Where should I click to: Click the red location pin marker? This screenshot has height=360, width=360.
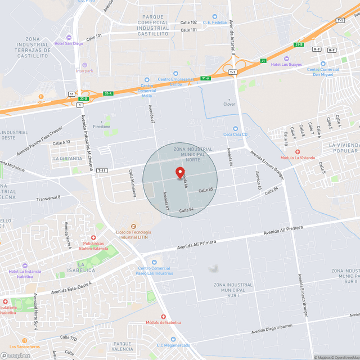coord(180,173)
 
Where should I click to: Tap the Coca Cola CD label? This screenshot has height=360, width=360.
coord(236,134)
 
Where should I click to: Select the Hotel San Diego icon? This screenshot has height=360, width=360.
coord(69,37)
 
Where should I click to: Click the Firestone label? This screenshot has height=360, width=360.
coord(102,127)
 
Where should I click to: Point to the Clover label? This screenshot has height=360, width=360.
coord(229,104)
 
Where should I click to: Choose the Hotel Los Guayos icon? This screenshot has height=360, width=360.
coord(286,58)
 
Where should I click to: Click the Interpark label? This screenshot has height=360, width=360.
coord(85,71)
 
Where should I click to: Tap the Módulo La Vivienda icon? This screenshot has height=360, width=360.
coord(298,152)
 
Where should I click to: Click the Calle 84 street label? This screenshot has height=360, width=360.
coord(187,210)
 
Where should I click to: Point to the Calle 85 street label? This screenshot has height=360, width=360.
coord(206,190)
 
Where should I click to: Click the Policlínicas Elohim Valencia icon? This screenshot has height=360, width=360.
coord(94,238)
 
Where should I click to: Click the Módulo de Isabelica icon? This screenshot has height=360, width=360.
coord(163,317)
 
